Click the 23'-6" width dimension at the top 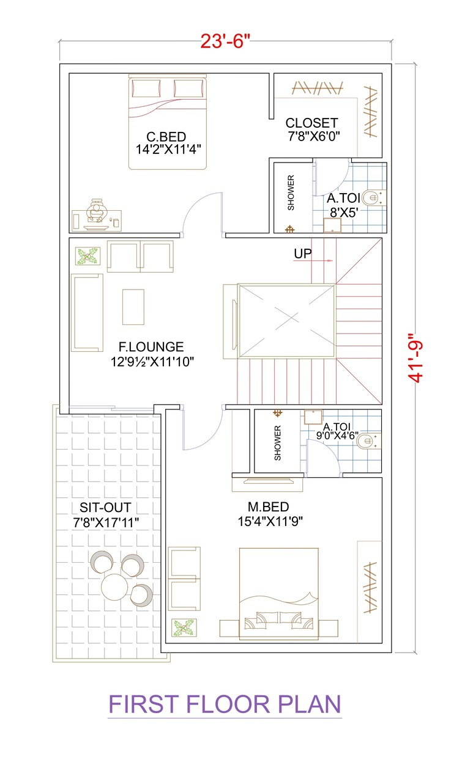pyautogui.click(x=225, y=42)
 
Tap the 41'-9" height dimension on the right pyautogui.click(x=418, y=357)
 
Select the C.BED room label pyautogui.click(x=166, y=136)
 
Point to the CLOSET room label pyautogui.click(x=311, y=123)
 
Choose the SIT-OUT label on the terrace pyautogui.click(x=105, y=508)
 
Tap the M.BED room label pyautogui.click(x=268, y=507)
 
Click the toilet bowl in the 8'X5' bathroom pyautogui.click(x=371, y=198)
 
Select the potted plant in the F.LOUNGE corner pyautogui.click(x=87, y=255)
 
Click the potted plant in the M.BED pyautogui.click(x=184, y=627)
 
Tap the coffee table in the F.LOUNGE pyautogui.click(x=133, y=307)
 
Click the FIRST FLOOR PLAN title pyautogui.click(x=225, y=704)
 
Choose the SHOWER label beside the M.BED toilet pyautogui.click(x=277, y=442)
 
